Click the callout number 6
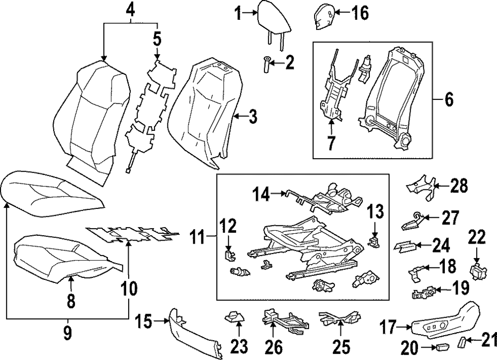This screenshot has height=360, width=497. pyautogui.click(x=448, y=99)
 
